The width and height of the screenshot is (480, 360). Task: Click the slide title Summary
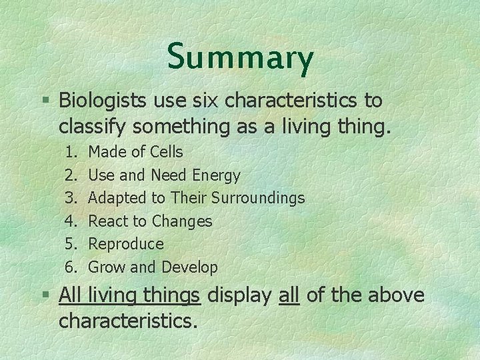click(x=240, y=57)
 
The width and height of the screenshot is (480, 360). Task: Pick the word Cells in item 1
click(x=167, y=153)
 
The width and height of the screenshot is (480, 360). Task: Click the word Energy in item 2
click(x=216, y=175)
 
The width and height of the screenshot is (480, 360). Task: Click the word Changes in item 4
click(x=182, y=221)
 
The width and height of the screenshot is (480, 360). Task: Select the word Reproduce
click(x=126, y=244)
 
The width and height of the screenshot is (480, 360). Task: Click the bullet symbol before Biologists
click(x=45, y=101)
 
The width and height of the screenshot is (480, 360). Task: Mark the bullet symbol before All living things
click(x=45, y=295)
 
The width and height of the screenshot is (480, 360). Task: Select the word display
click(x=241, y=295)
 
